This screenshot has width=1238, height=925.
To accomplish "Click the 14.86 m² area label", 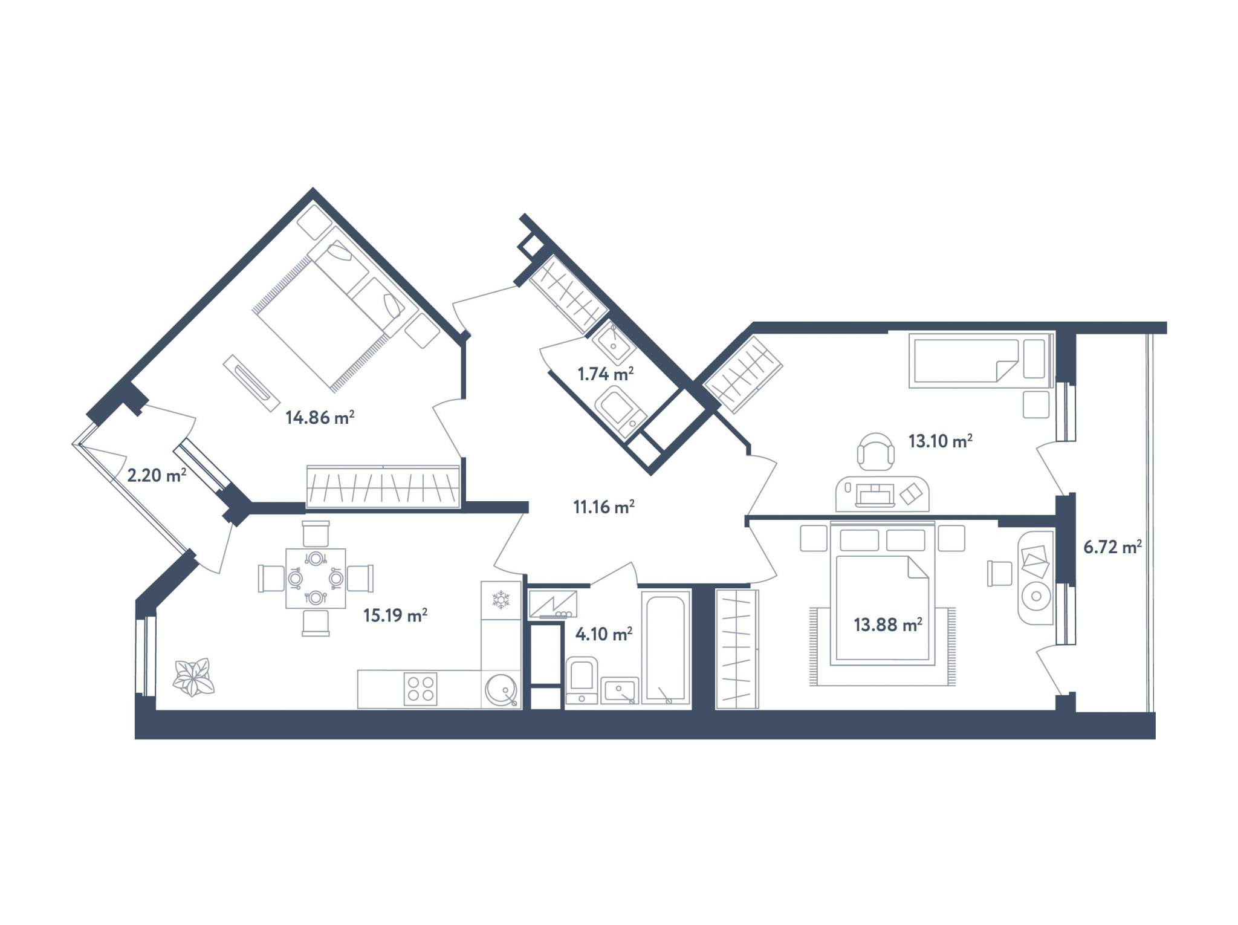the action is tap(320, 417).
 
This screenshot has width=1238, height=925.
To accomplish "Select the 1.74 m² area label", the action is tap(606, 374).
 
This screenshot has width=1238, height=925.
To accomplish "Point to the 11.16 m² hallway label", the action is tap(604, 507).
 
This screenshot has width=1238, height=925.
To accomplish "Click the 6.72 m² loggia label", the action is tap(1112, 548).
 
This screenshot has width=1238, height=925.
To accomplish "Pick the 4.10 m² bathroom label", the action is tap(604, 634).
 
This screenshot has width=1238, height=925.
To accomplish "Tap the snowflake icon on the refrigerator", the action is tap(501, 600).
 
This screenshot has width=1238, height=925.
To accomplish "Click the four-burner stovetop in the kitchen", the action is tap(421, 689).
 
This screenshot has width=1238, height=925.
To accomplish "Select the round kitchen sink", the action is tap(501, 690).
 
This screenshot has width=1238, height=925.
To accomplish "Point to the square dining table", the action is tap(316, 579).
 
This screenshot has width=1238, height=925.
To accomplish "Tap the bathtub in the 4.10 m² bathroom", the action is tap(666, 646).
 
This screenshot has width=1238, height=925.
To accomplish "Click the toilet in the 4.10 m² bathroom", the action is tap(582, 681).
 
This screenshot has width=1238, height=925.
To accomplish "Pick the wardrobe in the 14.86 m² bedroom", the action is tap(383, 486).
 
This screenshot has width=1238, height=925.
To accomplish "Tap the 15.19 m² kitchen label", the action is tap(395, 615).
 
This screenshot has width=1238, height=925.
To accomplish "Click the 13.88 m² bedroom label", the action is tap(888, 624).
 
